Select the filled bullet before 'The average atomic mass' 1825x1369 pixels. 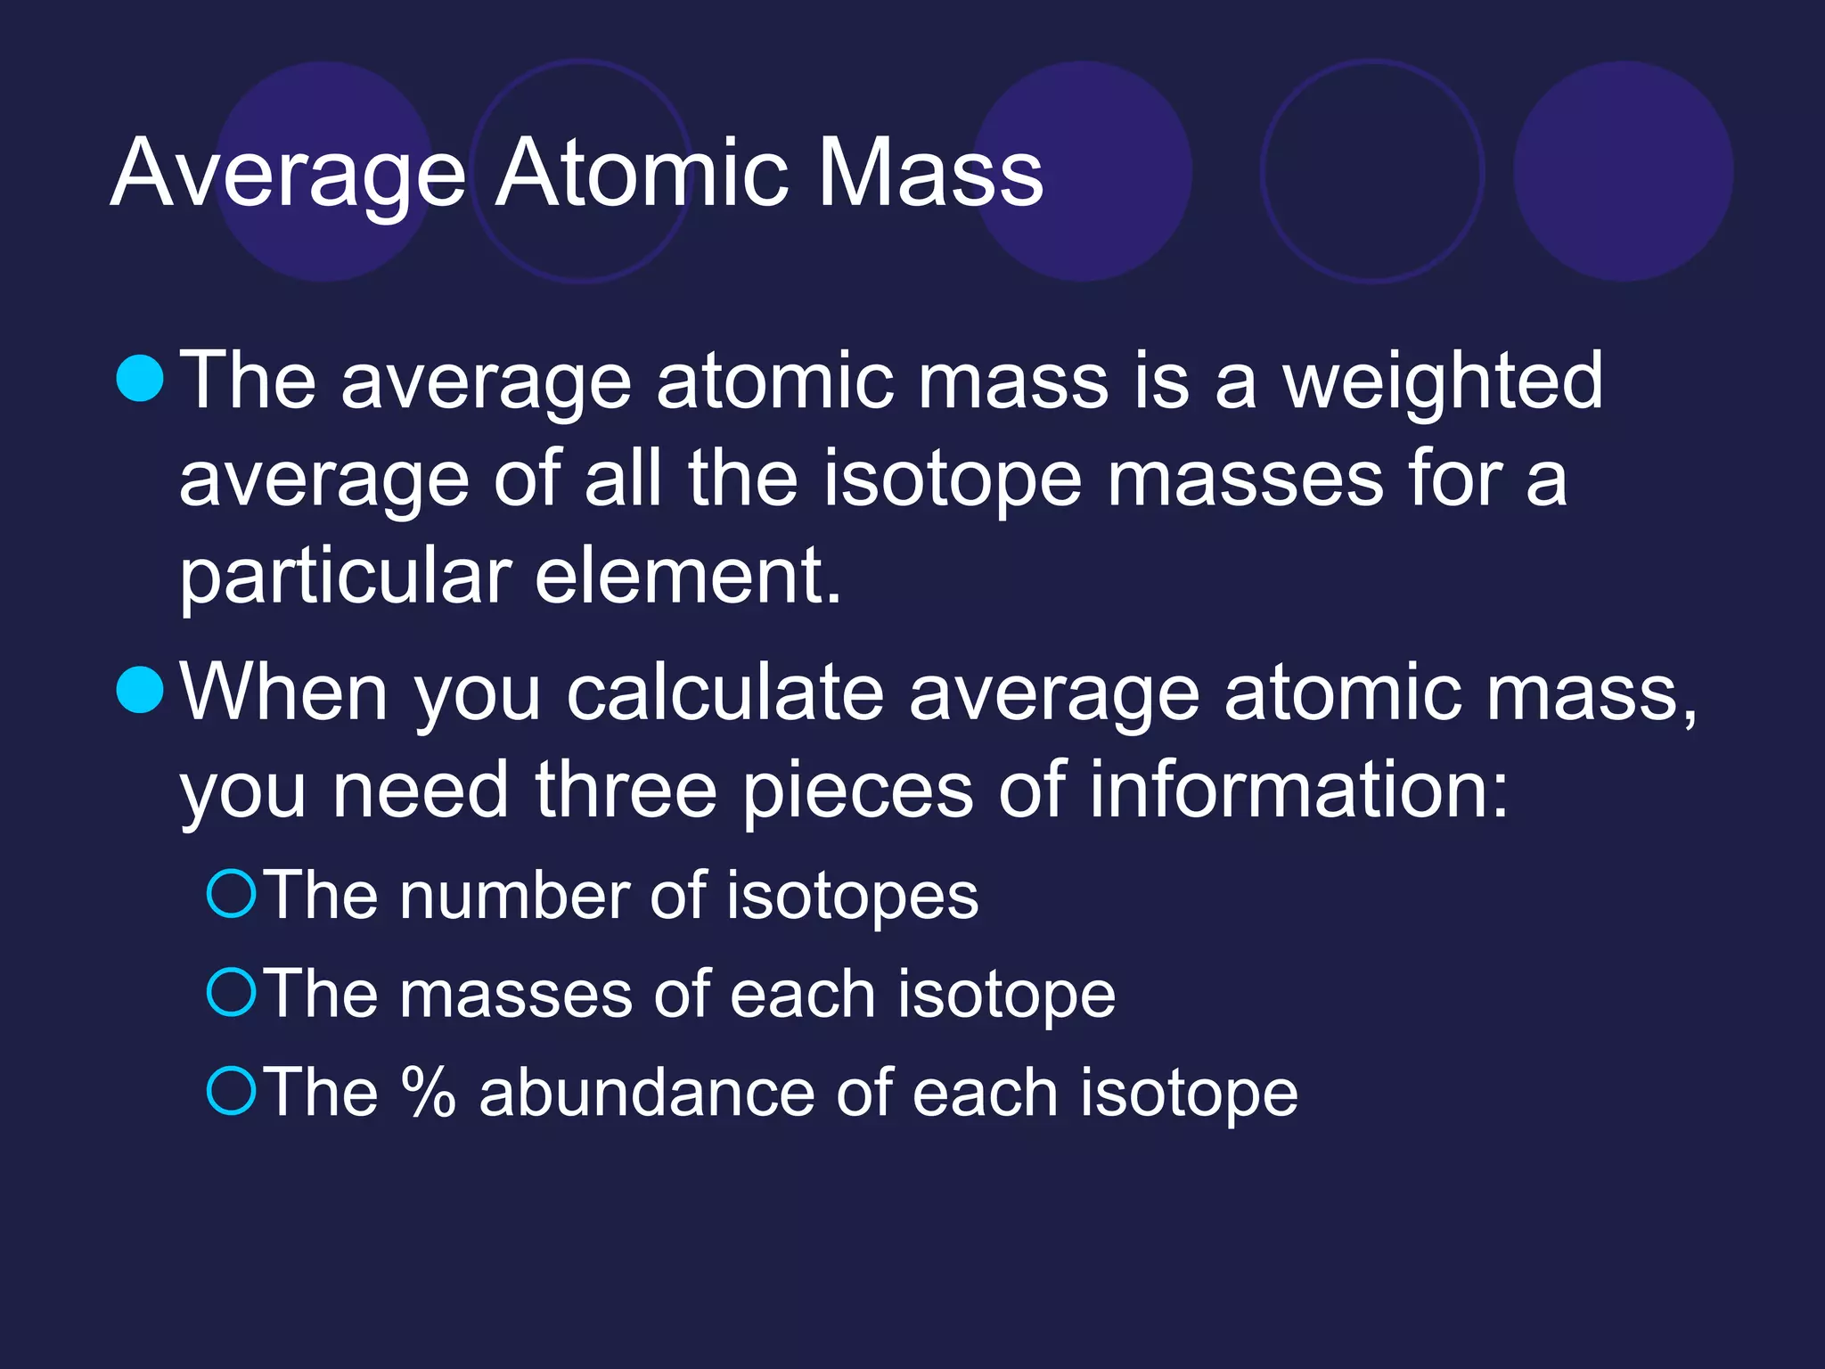click(140, 378)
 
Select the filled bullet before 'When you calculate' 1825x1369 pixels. click(140, 690)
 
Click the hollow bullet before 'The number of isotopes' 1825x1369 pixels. click(232, 894)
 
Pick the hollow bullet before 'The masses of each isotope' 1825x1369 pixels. click(232, 993)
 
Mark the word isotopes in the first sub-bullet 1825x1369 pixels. click(852, 897)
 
